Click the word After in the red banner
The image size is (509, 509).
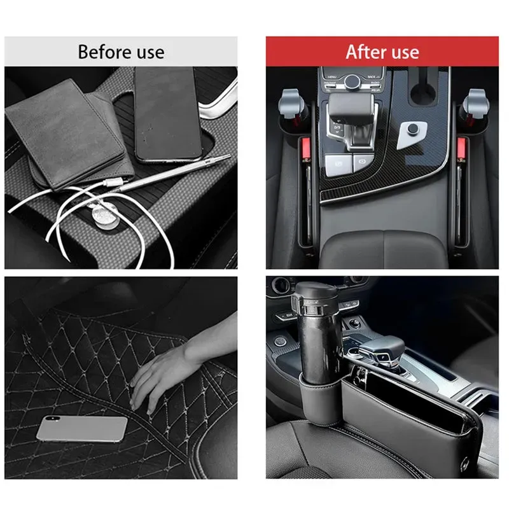tap(365, 52)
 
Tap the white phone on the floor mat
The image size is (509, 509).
tap(81, 429)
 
